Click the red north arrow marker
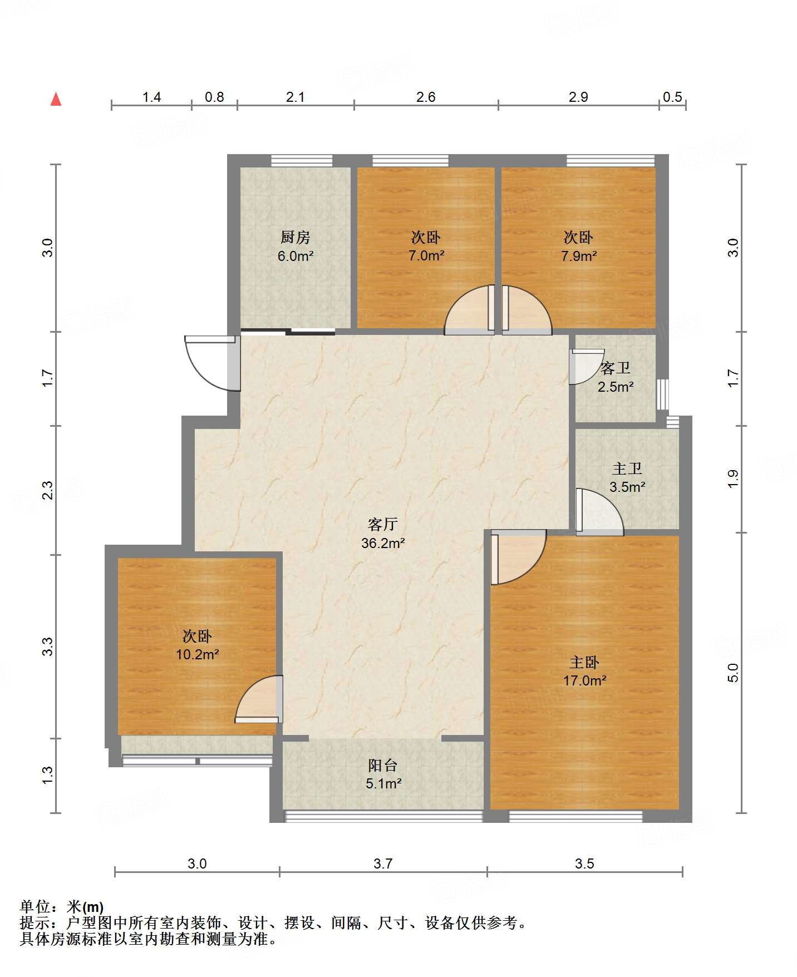[x=56, y=99]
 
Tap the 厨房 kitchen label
[x=295, y=238]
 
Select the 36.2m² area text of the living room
[x=383, y=543]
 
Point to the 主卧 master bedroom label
[x=584, y=662]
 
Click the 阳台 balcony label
[x=383, y=765]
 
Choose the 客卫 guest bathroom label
[x=616, y=368]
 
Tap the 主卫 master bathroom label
[x=627, y=468]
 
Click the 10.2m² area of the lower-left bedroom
[x=198, y=654]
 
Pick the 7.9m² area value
[x=579, y=256]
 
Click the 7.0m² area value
[x=426, y=256]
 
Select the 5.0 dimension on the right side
[x=733, y=673]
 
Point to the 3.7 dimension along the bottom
[x=383, y=863]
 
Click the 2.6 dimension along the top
[x=426, y=97]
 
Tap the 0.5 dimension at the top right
[x=672, y=97]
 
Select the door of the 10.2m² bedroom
[x=259, y=699]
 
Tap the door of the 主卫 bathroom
[x=599, y=512]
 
